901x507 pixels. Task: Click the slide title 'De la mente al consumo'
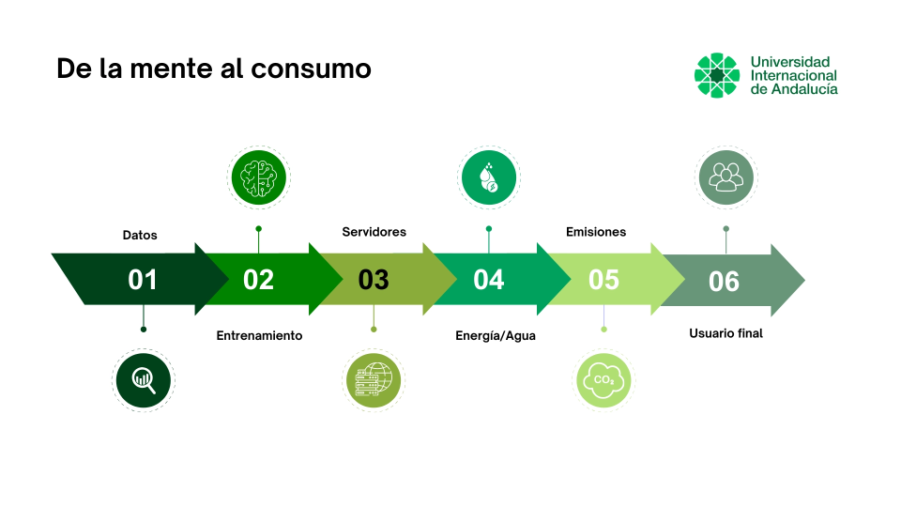click(x=214, y=69)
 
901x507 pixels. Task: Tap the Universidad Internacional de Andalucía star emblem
click(x=717, y=75)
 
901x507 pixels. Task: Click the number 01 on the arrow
click(x=143, y=280)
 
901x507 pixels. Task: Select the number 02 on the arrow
click(x=258, y=280)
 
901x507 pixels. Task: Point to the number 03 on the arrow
click(x=374, y=280)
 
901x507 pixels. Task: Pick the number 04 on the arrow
click(x=488, y=280)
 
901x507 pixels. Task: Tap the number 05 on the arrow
click(x=603, y=280)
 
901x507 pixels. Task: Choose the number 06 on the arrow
click(x=724, y=281)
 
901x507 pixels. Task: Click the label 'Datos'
click(x=140, y=235)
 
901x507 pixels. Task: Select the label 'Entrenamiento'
click(x=259, y=335)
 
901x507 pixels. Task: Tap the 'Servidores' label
click(x=374, y=231)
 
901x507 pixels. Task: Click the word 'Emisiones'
click(x=596, y=231)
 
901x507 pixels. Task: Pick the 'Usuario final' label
click(x=725, y=332)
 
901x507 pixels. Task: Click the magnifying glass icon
click(x=144, y=379)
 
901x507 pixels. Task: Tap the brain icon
click(x=259, y=176)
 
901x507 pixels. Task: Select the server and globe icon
click(x=374, y=380)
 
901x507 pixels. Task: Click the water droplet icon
click(x=488, y=176)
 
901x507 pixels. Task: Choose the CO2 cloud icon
click(x=603, y=380)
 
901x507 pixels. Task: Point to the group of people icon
click(x=725, y=176)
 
